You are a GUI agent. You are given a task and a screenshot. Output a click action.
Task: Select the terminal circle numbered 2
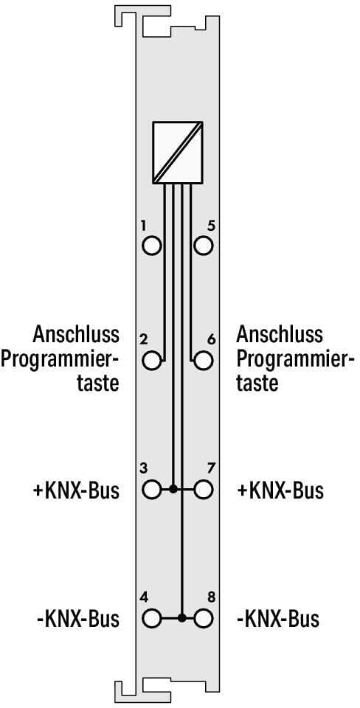[x=151, y=361]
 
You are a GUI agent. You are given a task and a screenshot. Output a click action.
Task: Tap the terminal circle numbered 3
[x=151, y=489]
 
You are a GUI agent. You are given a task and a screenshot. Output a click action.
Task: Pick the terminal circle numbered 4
[x=151, y=618]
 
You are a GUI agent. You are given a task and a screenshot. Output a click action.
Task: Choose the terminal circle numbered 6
[x=204, y=361]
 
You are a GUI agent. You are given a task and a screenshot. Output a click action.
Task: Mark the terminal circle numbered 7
[x=204, y=489]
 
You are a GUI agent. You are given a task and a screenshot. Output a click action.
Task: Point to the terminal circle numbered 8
[x=204, y=618]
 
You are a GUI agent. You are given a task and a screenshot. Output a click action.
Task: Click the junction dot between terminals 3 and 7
[x=173, y=489]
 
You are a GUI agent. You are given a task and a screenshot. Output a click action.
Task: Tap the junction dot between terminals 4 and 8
[x=181, y=618]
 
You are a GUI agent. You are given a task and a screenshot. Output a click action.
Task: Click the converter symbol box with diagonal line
[x=178, y=153]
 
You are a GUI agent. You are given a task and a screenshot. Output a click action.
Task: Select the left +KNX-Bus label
[x=76, y=491]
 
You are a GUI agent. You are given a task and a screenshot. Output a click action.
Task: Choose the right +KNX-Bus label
[x=280, y=491]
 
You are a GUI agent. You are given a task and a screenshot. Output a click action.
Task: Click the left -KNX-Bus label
[x=78, y=619]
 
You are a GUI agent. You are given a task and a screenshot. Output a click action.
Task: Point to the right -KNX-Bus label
[x=278, y=619]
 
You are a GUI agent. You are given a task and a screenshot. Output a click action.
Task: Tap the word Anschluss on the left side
[x=76, y=335]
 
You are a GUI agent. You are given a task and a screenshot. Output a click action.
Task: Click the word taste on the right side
[x=257, y=383]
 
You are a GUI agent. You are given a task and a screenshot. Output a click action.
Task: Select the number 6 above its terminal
[x=211, y=339]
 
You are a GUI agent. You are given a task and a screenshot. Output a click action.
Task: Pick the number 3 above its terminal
[x=143, y=469]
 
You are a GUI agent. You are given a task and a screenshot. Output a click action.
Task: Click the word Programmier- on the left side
[x=60, y=359]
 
